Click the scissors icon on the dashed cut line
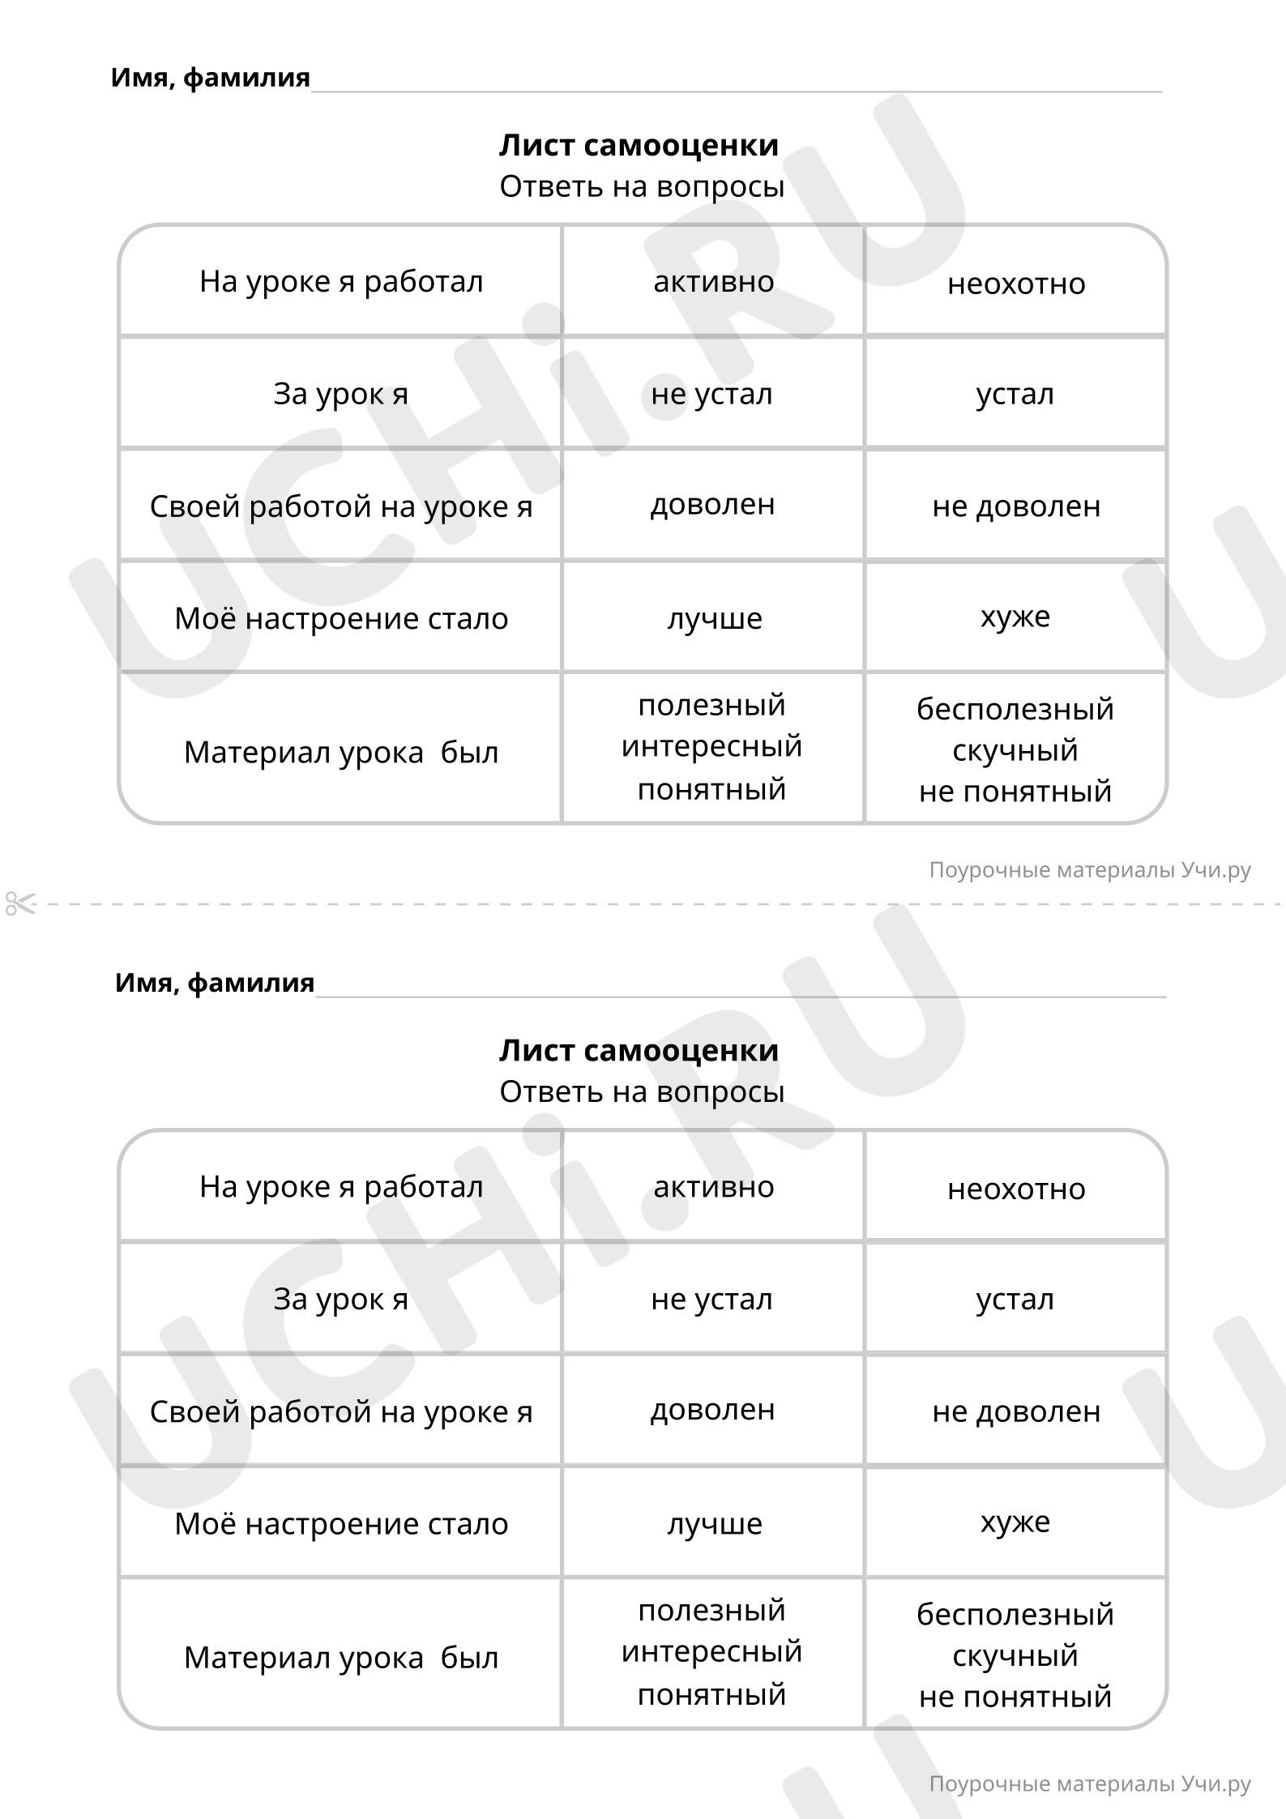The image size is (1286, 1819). click(20, 903)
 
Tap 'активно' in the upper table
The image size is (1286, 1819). click(713, 282)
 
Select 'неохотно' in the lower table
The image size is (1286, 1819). click(1015, 1189)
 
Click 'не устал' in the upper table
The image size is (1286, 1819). click(711, 395)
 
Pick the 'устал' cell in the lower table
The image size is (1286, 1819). click(1015, 1300)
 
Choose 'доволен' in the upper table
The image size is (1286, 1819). click(712, 505)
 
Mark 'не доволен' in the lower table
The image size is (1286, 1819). click(1015, 1411)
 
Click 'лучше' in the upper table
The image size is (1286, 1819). click(714, 619)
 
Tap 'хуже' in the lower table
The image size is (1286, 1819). click(1015, 1522)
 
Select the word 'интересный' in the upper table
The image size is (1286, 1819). click(711, 746)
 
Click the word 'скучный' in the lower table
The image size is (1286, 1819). click(1015, 1655)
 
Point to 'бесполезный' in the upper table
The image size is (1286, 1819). click(1015, 709)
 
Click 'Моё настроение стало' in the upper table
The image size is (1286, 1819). click(341, 619)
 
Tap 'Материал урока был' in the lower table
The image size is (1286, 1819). click(341, 1658)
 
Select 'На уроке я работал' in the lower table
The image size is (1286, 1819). click(341, 1187)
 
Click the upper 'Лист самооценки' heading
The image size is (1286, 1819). click(639, 146)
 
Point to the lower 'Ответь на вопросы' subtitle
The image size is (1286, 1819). click(642, 1092)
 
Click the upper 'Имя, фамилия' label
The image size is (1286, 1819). click(210, 78)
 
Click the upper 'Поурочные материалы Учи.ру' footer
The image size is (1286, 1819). click(1089, 870)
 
